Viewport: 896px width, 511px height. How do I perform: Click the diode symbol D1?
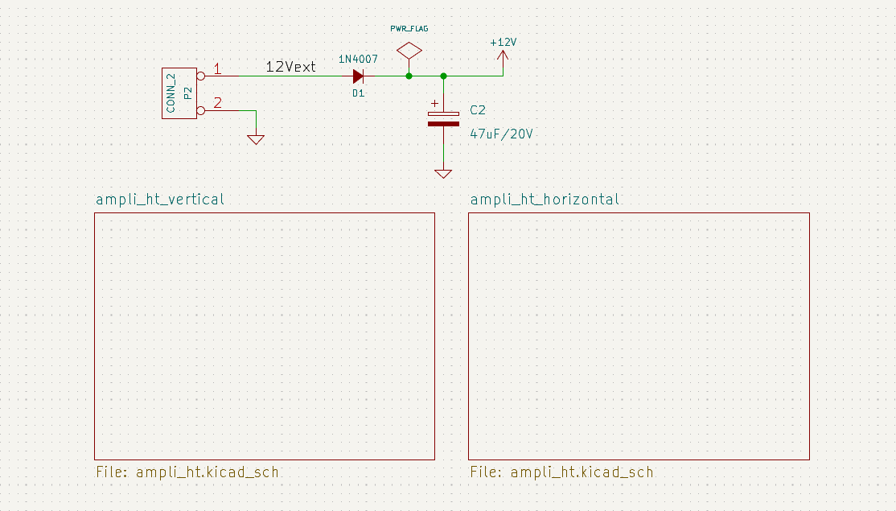(x=359, y=76)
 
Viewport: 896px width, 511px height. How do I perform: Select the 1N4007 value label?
(x=358, y=60)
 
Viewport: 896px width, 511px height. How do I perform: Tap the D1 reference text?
(x=358, y=93)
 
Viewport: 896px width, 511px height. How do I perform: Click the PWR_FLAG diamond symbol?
(x=409, y=51)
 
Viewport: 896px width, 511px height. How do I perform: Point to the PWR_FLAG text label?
(x=409, y=28)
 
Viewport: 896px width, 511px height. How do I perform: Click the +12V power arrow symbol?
(x=503, y=56)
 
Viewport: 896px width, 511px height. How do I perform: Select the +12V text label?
(x=503, y=42)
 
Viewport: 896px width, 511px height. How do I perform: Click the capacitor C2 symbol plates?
(x=443, y=118)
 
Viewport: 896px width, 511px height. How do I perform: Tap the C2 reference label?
(x=478, y=110)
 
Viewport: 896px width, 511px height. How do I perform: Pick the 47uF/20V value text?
(x=501, y=134)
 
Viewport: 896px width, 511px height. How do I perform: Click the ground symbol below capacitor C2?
(x=443, y=172)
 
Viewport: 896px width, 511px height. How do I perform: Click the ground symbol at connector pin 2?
(x=256, y=138)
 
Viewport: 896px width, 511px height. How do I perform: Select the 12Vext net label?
(x=290, y=67)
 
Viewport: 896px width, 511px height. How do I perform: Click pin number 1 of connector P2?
(x=217, y=69)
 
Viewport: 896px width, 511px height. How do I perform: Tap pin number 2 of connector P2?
(x=217, y=102)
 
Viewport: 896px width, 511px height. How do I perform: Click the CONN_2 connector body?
(x=179, y=93)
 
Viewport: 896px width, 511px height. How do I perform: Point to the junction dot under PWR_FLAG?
(x=409, y=76)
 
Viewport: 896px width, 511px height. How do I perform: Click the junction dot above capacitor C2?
(x=443, y=76)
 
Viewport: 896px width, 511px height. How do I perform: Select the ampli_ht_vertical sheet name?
(x=160, y=200)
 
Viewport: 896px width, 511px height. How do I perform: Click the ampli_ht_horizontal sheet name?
(x=545, y=200)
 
